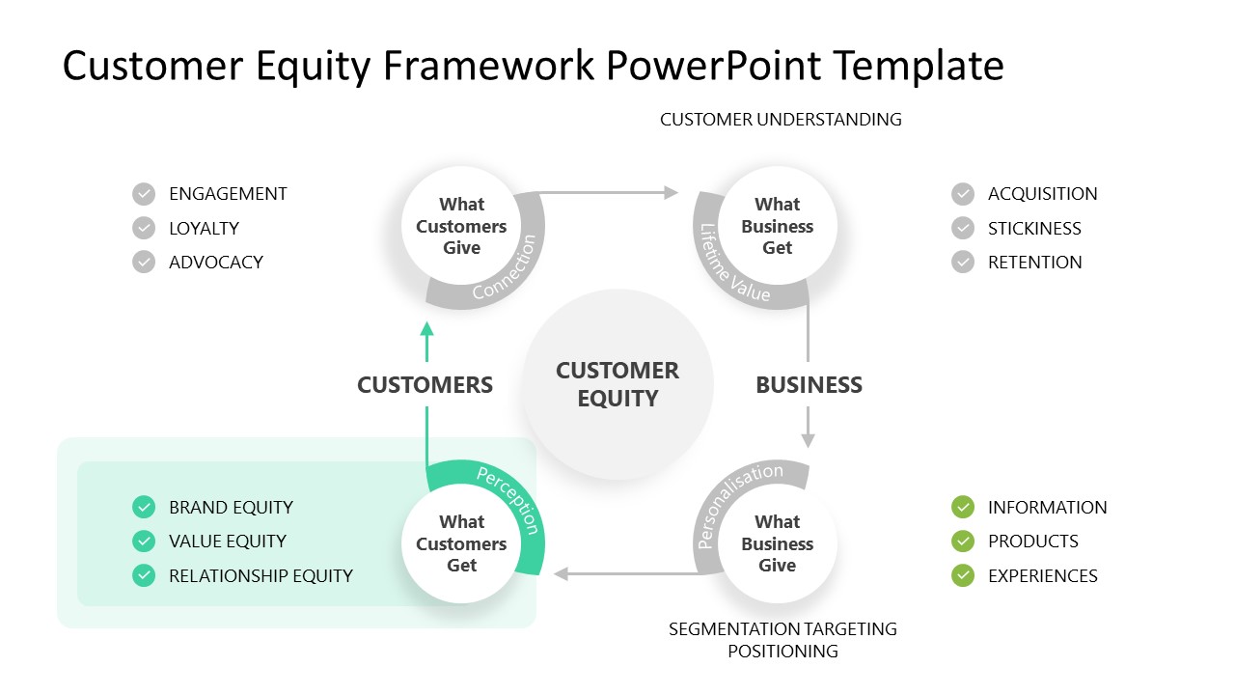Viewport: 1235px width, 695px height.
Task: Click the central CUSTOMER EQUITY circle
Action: pyautogui.click(x=617, y=384)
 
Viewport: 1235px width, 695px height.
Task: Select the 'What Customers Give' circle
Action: pyautogui.click(x=461, y=226)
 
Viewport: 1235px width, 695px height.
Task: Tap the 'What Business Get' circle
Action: pyautogui.click(x=777, y=226)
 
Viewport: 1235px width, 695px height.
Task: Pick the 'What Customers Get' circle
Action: pyautogui.click(x=461, y=543)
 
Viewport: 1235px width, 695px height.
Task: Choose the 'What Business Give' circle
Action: pyautogui.click(x=777, y=543)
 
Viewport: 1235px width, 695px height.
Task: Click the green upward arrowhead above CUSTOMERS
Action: pyautogui.click(x=426, y=329)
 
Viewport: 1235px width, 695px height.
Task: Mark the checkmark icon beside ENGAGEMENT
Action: pyautogui.click(x=144, y=194)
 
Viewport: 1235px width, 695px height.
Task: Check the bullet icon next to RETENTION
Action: pyautogui.click(x=963, y=263)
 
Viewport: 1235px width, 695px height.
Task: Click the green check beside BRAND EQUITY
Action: pyautogui.click(x=144, y=508)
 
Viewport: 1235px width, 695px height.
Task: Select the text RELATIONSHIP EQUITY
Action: pyautogui.click(x=261, y=576)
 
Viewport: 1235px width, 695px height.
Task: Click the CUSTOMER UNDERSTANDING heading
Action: pyautogui.click(x=781, y=120)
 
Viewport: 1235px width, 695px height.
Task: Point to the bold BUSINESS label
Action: pyautogui.click(x=809, y=385)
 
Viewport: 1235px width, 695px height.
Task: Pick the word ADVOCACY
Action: pyautogui.click(x=215, y=263)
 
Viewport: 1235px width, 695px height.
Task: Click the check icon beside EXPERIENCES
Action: pyautogui.click(x=963, y=576)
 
